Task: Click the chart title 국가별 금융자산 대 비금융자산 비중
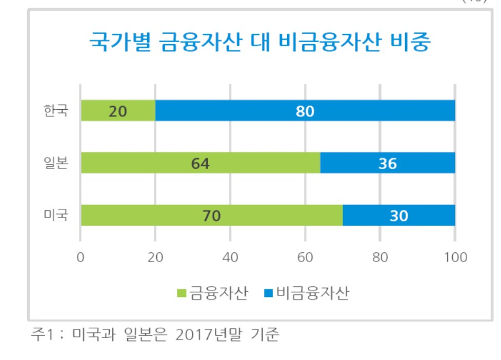(x=260, y=42)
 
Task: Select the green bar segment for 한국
(x=118, y=111)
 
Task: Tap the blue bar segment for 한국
(x=305, y=111)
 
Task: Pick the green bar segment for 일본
(x=201, y=163)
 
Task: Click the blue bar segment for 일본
(x=388, y=163)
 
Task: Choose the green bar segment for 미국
(x=212, y=215)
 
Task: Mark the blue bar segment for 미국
(x=399, y=215)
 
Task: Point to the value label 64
(x=201, y=164)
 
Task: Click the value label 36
(x=388, y=164)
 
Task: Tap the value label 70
(x=211, y=216)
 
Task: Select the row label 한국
(x=56, y=111)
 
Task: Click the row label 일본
(x=56, y=163)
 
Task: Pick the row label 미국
(x=56, y=215)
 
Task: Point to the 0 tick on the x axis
(x=81, y=257)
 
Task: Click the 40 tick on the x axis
(x=230, y=257)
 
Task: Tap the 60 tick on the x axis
(x=305, y=257)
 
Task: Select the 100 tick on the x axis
(x=455, y=257)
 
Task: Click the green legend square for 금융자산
(x=182, y=293)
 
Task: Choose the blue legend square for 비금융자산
(x=268, y=293)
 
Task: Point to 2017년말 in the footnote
(x=209, y=334)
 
